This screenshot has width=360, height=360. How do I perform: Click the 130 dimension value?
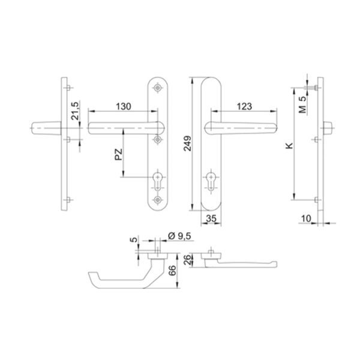coord(123,107)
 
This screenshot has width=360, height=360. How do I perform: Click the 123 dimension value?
coord(244,107)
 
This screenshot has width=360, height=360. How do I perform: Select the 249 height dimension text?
coord(188,143)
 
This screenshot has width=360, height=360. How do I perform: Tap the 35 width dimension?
coord(211,218)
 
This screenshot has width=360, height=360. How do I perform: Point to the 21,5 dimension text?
coord(75,110)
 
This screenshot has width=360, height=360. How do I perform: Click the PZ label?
coord(119,155)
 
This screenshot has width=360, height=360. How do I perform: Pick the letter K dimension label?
coord(289,146)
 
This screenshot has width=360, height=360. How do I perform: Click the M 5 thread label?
coord(302,104)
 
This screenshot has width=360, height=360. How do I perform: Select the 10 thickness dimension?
coord(306,218)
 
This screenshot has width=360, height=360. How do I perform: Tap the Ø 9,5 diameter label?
coord(179,236)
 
